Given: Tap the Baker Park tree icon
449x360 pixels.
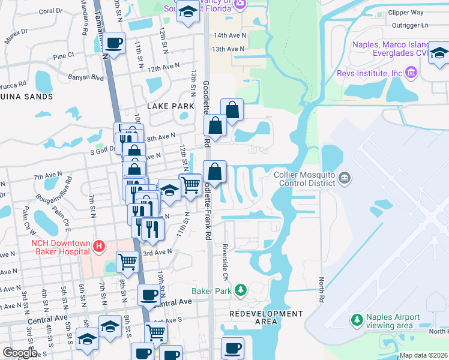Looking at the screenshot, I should [241, 290].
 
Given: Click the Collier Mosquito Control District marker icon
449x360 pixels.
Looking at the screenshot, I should [345, 176].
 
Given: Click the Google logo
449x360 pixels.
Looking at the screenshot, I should [20, 352].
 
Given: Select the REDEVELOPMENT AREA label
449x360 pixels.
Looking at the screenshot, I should [267, 318].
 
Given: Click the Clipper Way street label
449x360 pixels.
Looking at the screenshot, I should [406, 12].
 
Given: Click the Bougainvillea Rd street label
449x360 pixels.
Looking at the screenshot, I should [69, 188].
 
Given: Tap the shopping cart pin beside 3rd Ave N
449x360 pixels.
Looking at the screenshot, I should [127, 261].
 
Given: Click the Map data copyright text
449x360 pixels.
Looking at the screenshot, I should [423, 355].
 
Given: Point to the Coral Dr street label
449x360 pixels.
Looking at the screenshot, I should [50, 11].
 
